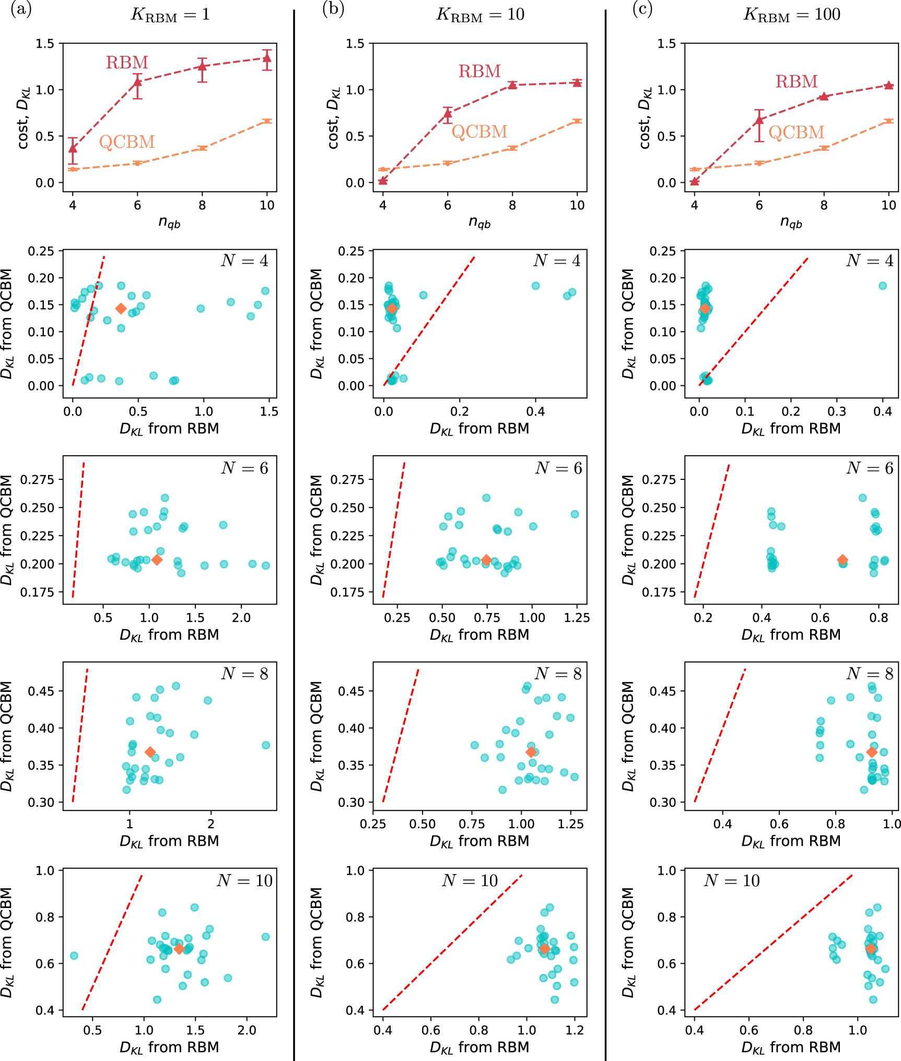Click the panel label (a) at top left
(x=21, y=10)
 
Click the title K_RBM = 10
(x=480, y=15)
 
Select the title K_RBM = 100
(x=791, y=15)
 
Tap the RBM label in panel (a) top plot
(x=127, y=63)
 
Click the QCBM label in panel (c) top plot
(x=796, y=132)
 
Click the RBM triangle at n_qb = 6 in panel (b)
(x=448, y=114)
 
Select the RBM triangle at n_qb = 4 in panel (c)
(x=694, y=181)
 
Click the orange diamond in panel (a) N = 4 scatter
(x=121, y=309)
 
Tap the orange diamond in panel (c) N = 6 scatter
(x=843, y=560)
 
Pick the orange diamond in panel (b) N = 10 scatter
(x=544, y=949)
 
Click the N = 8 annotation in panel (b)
(x=558, y=674)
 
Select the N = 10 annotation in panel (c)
(x=731, y=881)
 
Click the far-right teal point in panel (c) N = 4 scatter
(x=883, y=286)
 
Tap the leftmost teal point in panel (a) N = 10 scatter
(x=74, y=956)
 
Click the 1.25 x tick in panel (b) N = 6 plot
(x=577, y=618)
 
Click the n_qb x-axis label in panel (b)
(x=479, y=223)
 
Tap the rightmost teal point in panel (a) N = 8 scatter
(x=266, y=745)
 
